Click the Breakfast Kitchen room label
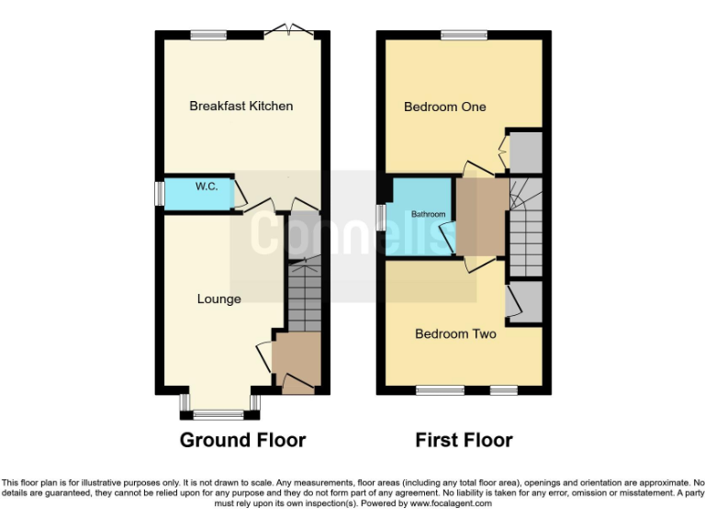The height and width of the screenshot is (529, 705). (x=241, y=106)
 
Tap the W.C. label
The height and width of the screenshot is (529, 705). (x=206, y=186)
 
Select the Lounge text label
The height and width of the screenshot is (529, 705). (x=219, y=298)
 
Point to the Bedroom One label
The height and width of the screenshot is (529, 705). (x=445, y=107)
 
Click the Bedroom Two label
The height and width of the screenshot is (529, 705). (x=455, y=333)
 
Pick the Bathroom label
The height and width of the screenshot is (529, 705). (x=428, y=214)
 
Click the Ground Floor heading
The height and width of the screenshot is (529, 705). (x=242, y=440)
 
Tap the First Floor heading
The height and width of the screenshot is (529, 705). (x=464, y=440)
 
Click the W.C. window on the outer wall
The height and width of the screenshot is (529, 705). (x=159, y=194)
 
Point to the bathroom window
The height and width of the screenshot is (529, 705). (x=381, y=217)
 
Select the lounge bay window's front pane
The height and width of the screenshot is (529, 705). (x=218, y=414)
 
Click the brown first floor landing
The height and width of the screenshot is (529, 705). (x=482, y=216)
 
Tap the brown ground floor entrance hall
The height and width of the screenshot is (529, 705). (x=297, y=358)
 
